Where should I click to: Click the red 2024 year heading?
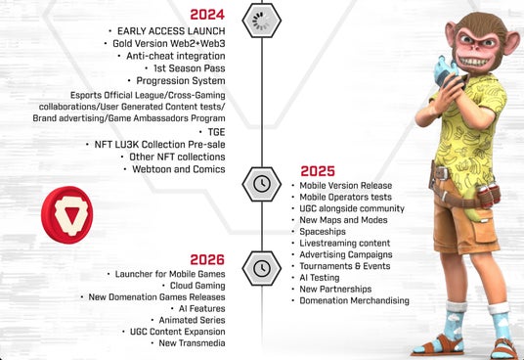pos(207,15)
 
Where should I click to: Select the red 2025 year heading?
pos(318,171)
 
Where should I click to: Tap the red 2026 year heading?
pos(207,259)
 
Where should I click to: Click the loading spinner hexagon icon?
pos(262,21)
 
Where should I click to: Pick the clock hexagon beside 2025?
pos(262,184)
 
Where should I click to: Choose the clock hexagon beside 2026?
pos(262,268)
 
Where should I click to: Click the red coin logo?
pos(67,215)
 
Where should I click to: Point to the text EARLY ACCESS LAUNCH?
pos(171,31)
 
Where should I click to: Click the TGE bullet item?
pos(216,132)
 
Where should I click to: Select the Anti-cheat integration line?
pos(175,56)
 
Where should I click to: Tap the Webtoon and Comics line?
pos(179,169)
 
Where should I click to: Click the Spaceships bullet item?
pos(323,232)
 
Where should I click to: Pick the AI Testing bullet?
pos(320,278)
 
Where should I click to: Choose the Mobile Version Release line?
pos(346,186)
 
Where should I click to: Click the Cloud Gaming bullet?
pos(197,286)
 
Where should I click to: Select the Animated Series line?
pos(192,320)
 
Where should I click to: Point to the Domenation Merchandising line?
pos(354,301)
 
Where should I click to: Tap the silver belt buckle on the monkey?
pos(442,173)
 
